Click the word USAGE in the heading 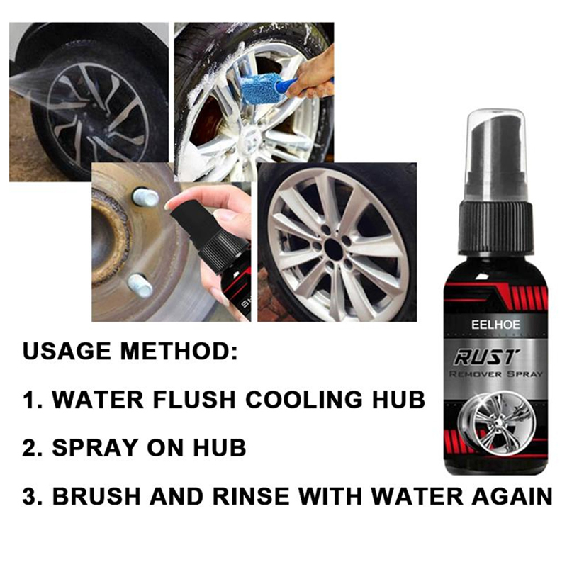[x=67, y=351]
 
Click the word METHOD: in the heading [x=179, y=351]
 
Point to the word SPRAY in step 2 [x=95, y=448]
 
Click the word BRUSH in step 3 [x=96, y=496]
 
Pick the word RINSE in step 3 [x=251, y=496]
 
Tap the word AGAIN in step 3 [x=512, y=496]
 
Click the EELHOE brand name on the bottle [x=495, y=325]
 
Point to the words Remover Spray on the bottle [x=495, y=374]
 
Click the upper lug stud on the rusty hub [x=145, y=197]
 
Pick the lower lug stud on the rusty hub [x=140, y=285]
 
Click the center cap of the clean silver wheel [x=334, y=248]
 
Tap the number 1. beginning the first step [x=33, y=400]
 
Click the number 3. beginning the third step [x=33, y=496]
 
